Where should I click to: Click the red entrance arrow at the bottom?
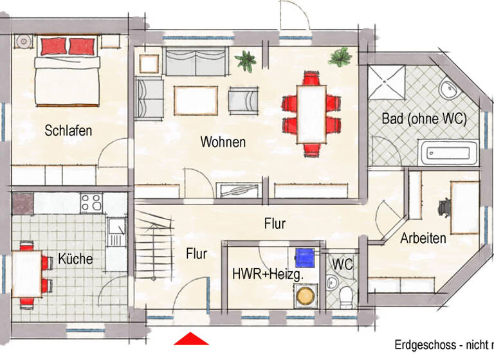pyautogui.click(x=190, y=339)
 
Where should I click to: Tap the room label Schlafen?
pyautogui.click(x=68, y=130)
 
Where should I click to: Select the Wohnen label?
pyautogui.click(x=223, y=141)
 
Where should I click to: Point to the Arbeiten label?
pyautogui.click(x=423, y=239)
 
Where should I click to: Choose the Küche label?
pyautogui.click(x=75, y=259)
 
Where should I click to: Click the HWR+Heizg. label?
pyautogui.click(x=268, y=274)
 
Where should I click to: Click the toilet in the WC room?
pyautogui.click(x=346, y=295)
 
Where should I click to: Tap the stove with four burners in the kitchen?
pyautogui.click(x=91, y=203)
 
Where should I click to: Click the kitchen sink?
pyautogui.click(x=117, y=231)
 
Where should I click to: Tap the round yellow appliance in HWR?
pyautogui.click(x=304, y=295)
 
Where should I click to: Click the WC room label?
pyautogui.click(x=342, y=264)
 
